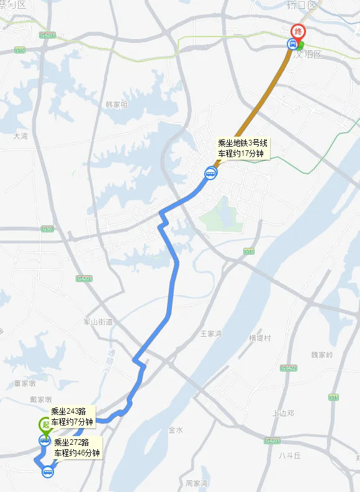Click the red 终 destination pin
tap(299, 32)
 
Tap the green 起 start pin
tap(45, 425)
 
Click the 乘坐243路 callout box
tap(72, 416)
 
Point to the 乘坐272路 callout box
tap(76, 447)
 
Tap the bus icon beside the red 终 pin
tap(292, 43)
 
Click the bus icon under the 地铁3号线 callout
tap(211, 174)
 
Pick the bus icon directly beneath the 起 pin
tap(45, 440)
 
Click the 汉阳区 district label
tap(310, 54)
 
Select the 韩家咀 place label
tap(116, 104)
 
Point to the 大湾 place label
tap(20, 135)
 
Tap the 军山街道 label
tap(98, 321)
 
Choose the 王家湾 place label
tap(211, 334)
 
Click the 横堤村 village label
tap(260, 337)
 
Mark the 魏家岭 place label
tap(322, 355)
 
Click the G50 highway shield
tap(48, 229)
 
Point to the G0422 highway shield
tap(287, 368)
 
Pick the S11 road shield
tap(334, 396)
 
